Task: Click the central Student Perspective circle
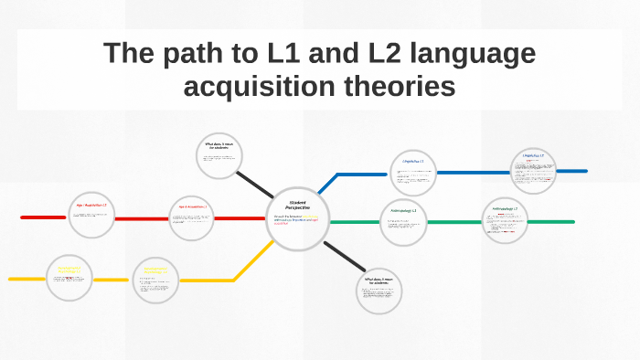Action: [297, 217]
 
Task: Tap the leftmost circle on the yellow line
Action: [69, 278]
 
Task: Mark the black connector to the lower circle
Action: [340, 257]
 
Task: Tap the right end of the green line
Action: [571, 222]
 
